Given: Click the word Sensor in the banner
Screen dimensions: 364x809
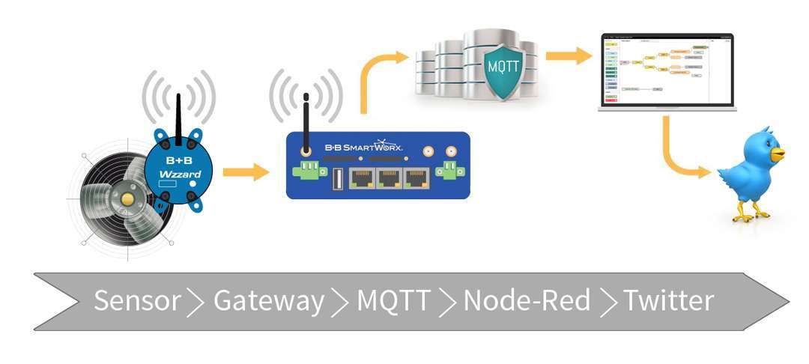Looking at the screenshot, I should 137,301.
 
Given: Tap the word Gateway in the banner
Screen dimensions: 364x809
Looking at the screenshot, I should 268,301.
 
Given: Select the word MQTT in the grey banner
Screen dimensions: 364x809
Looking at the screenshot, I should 393,301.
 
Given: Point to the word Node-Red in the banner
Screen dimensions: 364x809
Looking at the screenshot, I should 527,301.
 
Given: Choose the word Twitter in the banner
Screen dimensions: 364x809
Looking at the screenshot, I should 668,301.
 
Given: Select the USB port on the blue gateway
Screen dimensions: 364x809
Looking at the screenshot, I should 336,179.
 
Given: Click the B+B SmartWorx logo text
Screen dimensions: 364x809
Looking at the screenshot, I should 363,147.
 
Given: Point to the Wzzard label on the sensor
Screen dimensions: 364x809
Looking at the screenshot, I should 178,175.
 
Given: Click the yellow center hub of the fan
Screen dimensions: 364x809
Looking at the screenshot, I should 128,198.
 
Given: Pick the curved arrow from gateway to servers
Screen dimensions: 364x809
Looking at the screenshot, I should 379,75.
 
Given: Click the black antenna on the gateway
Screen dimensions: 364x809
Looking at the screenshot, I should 306,120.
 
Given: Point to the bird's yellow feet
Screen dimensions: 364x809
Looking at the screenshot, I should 750,215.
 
